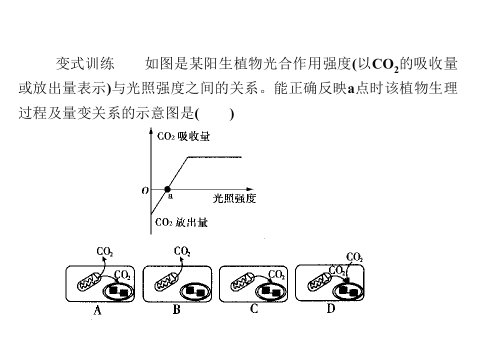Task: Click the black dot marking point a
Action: (167, 189)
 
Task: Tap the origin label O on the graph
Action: (145, 190)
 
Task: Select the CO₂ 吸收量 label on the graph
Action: (183, 136)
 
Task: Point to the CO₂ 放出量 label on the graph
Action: (181, 223)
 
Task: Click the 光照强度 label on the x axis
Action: (234, 199)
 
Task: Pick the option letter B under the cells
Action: (176, 310)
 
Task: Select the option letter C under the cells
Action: (254, 309)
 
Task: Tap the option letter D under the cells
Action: (331, 309)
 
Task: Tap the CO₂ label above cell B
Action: (181, 251)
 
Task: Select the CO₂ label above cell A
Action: (104, 251)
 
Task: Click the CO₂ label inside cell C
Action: (276, 274)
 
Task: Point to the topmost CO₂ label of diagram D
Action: (354, 257)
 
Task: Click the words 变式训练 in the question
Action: (85, 64)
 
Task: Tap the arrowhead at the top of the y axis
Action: (150, 131)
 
